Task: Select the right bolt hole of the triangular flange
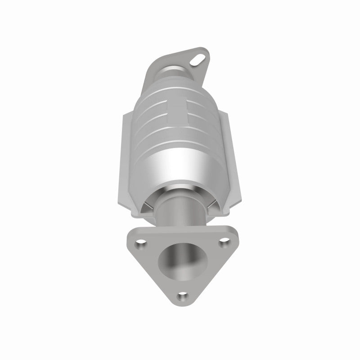click(222, 243)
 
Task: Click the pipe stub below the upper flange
click(173, 72)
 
